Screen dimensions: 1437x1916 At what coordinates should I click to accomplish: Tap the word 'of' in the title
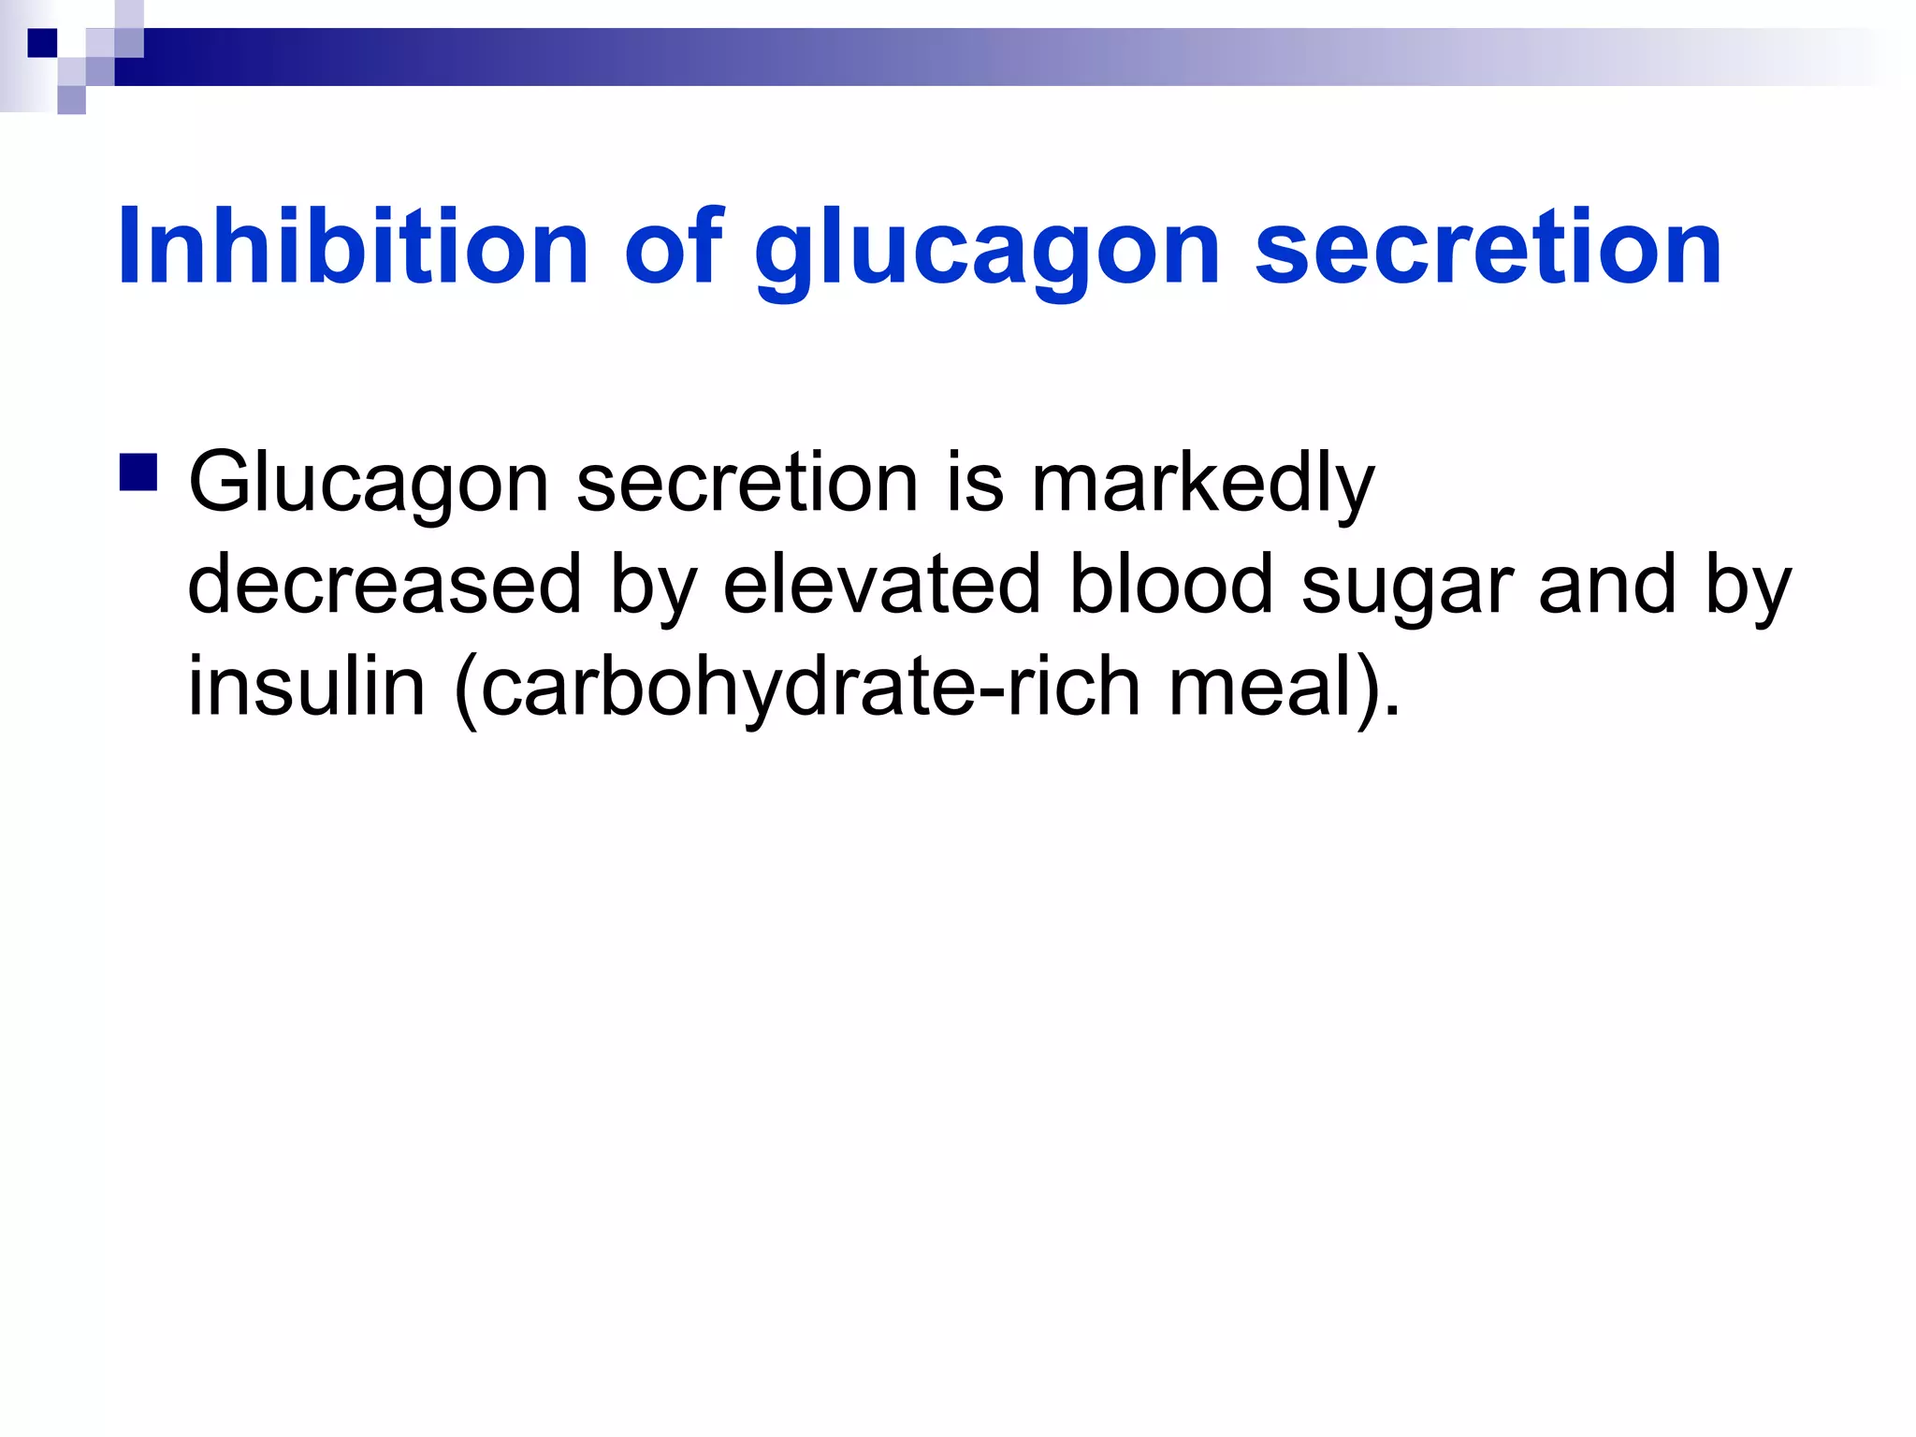674,246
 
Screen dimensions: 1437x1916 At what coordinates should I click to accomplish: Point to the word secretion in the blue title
1488,246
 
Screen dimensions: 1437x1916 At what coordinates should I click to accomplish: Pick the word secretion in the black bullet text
748,483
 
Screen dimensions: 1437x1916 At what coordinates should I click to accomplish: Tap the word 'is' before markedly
975,483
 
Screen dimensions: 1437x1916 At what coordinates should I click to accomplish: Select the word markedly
1202,485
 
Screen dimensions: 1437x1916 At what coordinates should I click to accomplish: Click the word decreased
385,584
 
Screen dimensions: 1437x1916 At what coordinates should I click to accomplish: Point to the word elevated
881,584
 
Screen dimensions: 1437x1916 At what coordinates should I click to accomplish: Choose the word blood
1170,584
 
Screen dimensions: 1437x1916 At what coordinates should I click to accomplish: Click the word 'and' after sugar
1606,584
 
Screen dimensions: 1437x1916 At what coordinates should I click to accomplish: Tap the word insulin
307,686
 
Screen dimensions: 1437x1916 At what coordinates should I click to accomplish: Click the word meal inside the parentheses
1262,686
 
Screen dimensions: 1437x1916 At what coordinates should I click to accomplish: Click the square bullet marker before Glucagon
138,472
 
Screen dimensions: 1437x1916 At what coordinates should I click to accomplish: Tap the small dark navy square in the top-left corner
42,43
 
